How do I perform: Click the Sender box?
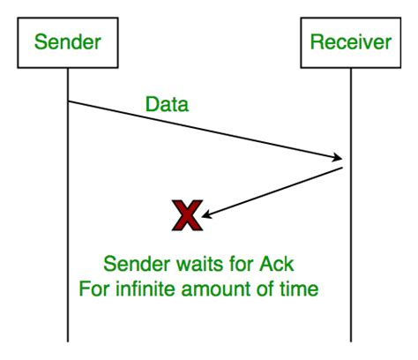[68, 41]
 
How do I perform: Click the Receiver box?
[350, 41]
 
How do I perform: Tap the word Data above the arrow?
[167, 105]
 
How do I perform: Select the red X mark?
[186, 214]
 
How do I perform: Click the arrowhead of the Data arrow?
[339, 159]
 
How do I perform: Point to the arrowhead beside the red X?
[207, 212]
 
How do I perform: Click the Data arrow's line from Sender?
[203, 131]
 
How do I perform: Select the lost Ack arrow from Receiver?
[273, 190]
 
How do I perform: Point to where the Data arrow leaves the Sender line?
[68, 102]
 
